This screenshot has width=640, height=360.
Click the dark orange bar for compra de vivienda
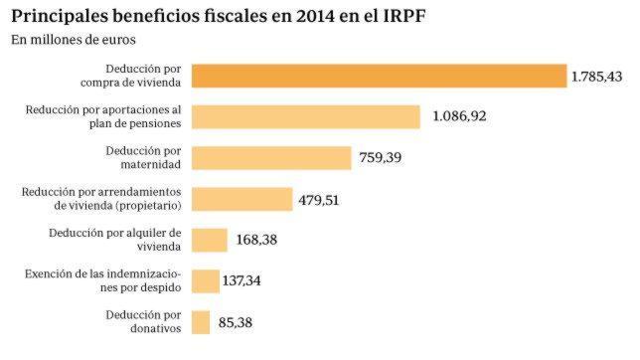(378, 76)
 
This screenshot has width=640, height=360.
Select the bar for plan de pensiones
(306, 116)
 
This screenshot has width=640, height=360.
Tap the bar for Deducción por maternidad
(271, 158)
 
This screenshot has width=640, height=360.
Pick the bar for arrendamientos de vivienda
(241, 199)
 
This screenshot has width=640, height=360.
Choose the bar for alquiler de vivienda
(209, 240)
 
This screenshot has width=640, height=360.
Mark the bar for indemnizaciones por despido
(205, 281)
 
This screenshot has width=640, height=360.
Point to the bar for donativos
(200, 322)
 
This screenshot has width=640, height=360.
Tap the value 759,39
(380, 158)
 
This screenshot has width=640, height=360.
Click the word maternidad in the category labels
(146, 164)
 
